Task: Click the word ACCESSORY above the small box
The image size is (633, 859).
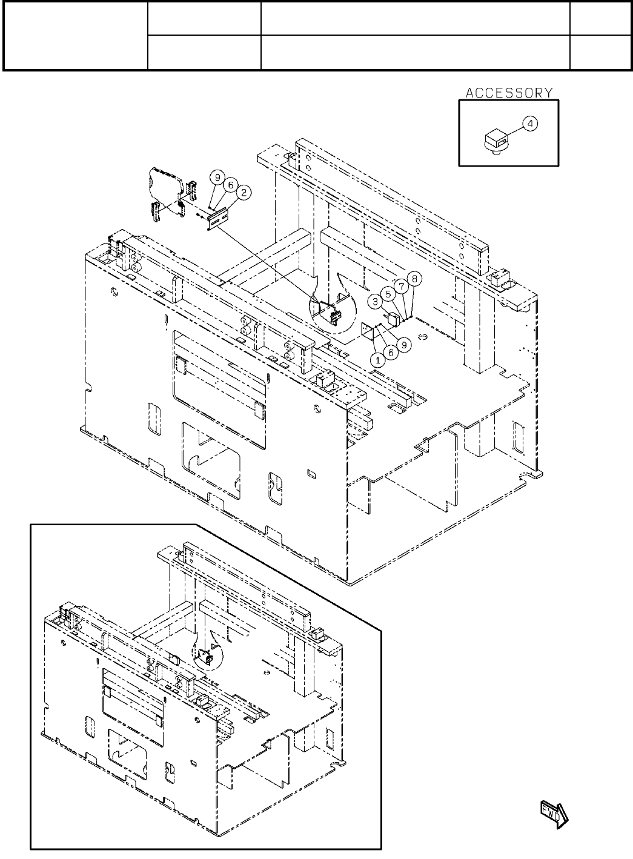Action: point(509,93)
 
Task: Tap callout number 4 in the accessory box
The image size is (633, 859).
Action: point(530,124)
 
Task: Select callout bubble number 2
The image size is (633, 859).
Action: point(244,193)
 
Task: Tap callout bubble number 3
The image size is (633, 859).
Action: point(376,300)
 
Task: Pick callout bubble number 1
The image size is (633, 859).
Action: point(378,359)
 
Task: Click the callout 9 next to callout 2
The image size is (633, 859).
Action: point(217,177)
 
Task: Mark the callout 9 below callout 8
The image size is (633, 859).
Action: point(405,343)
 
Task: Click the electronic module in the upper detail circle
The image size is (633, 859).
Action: point(330,312)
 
